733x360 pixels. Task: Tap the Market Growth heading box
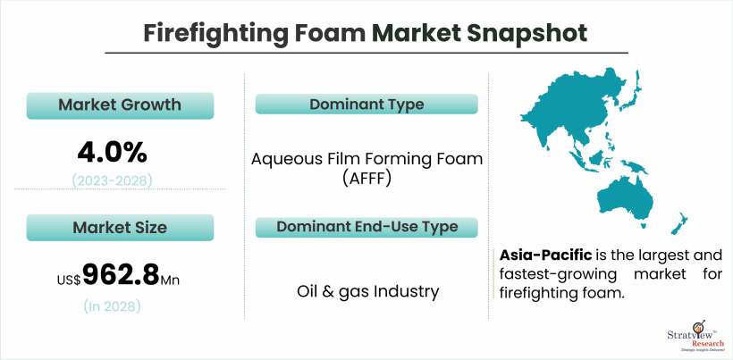tap(120, 105)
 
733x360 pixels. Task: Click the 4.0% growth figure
tap(113, 153)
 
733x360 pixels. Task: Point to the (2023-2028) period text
tap(113, 180)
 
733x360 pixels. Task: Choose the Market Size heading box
tap(120, 228)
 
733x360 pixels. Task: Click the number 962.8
tap(121, 275)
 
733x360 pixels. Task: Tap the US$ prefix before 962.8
tap(69, 280)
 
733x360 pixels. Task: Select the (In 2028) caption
tap(113, 306)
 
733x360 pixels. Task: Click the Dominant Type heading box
tap(366, 105)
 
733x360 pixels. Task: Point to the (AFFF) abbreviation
tap(366, 179)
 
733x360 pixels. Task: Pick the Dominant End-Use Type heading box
tap(366, 228)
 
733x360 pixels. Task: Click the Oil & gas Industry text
tap(368, 292)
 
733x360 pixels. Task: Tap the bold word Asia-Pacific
tap(546, 255)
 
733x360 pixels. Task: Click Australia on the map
tap(624, 198)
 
